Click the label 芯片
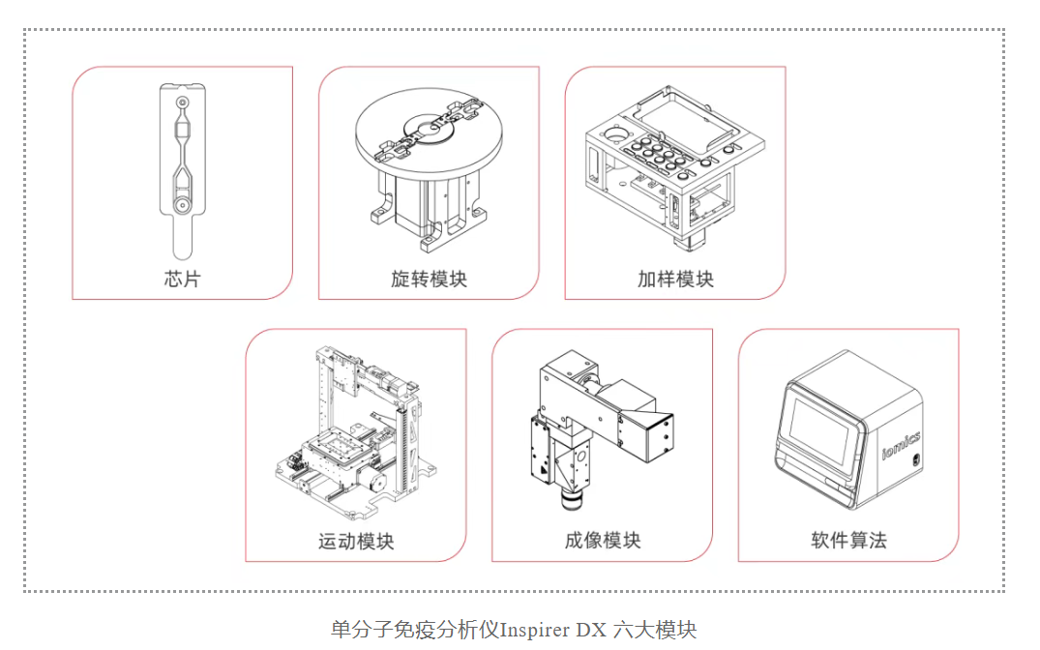[x=182, y=280]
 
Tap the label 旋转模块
[x=429, y=280]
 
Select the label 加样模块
[x=675, y=280]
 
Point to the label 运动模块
[x=356, y=541]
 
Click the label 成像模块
[x=603, y=541]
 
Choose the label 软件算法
[x=848, y=541]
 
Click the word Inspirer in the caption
[x=534, y=630]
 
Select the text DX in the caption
[x=591, y=630]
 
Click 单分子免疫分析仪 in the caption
[x=415, y=630]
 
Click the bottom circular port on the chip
[x=181, y=205]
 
